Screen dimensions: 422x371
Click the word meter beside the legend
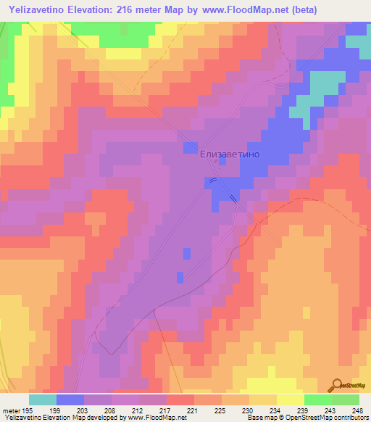[x=12, y=410]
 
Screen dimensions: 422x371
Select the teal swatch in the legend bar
[x=43, y=400]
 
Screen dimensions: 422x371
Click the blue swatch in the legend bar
[x=70, y=400]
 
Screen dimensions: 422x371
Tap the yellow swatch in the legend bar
[x=290, y=400]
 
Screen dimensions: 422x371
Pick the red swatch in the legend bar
[x=180, y=400]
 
